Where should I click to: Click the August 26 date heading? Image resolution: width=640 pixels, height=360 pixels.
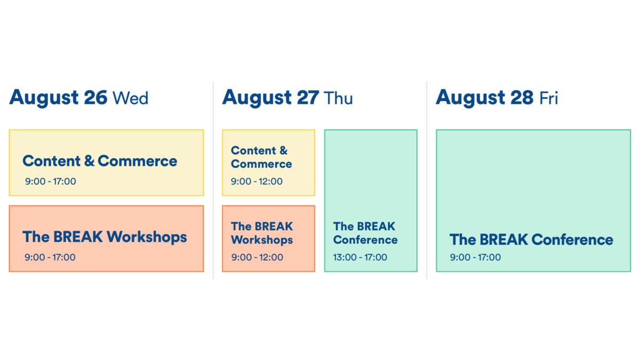tap(58, 98)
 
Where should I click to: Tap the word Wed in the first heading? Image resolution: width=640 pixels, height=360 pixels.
tap(130, 98)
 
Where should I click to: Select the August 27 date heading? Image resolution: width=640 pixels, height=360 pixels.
tap(271, 98)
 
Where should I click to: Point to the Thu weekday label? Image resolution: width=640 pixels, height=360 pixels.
tap(338, 98)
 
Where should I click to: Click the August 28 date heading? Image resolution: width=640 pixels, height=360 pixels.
tap(484, 98)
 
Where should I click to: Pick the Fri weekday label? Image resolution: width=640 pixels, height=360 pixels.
tap(548, 98)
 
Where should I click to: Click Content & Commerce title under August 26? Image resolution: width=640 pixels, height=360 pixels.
tap(100, 161)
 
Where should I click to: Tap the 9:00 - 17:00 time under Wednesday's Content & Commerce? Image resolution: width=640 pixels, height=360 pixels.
tap(50, 181)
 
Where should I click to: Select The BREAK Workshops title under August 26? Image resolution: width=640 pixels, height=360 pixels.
tap(105, 236)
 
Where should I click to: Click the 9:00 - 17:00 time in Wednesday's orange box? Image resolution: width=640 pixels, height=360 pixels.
tap(50, 257)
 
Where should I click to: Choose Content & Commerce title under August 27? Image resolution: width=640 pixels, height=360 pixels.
tap(261, 157)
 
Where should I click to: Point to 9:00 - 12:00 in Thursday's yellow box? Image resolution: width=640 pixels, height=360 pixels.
tap(257, 181)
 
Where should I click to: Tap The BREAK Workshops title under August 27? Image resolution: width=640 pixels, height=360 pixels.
tap(262, 233)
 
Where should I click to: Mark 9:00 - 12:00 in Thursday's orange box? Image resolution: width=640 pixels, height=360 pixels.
tap(257, 257)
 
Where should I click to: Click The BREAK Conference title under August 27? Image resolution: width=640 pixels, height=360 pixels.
tap(365, 233)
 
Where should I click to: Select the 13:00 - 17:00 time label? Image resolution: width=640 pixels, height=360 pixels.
tap(360, 257)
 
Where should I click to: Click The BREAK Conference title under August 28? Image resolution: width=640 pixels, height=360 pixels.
tap(531, 239)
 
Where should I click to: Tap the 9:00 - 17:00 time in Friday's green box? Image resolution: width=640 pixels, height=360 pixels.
tap(475, 257)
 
